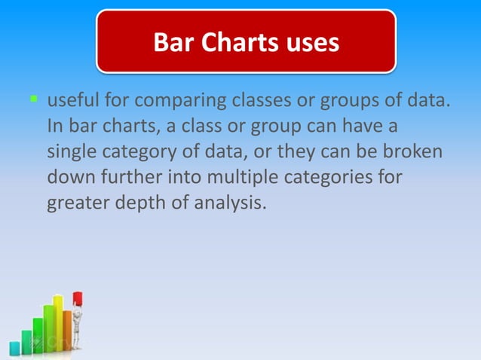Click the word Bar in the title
(x=174, y=42)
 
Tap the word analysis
(x=230, y=203)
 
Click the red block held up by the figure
(x=78, y=300)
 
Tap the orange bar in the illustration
(x=67, y=331)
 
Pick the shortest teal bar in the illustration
(x=14, y=348)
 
